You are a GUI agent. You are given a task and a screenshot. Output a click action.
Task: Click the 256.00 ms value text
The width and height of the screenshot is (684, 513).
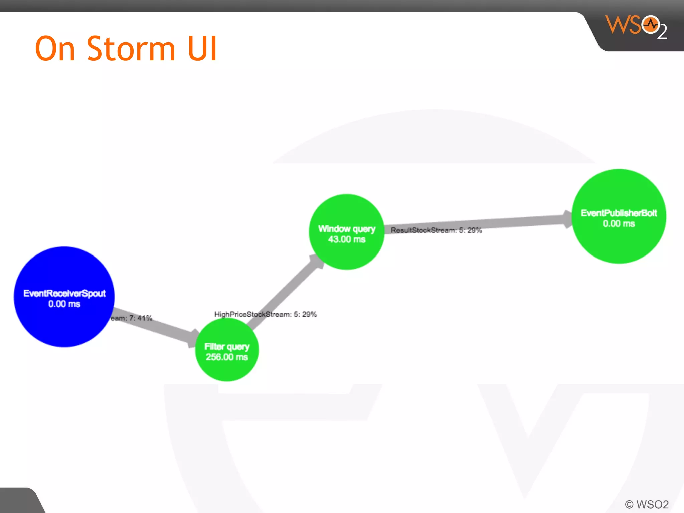point(227,357)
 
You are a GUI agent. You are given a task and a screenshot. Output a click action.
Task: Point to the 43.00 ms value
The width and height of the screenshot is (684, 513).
point(346,239)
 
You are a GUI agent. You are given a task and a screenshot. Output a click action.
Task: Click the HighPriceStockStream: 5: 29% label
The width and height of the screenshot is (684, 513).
point(266,314)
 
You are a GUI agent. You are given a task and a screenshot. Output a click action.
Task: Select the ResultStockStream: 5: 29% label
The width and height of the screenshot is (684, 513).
point(436,230)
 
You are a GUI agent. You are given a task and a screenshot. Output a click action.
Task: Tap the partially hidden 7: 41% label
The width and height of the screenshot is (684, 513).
point(132,318)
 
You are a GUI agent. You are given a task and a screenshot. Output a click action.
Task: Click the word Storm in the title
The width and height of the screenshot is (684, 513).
point(131,49)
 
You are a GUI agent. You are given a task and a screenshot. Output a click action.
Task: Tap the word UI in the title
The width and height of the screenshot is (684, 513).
point(202,49)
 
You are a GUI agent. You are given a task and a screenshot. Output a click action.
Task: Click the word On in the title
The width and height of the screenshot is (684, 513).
point(55,49)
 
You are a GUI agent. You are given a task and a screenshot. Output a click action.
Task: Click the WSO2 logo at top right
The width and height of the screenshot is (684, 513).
point(636,27)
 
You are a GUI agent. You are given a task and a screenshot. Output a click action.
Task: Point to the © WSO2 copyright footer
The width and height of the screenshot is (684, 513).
point(647,504)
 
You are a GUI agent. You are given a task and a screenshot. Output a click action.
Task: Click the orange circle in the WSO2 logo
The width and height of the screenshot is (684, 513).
point(650,25)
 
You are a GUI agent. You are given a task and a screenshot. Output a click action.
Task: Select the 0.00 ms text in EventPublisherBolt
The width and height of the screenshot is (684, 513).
point(619,224)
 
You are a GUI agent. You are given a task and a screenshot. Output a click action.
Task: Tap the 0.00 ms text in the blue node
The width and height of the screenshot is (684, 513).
point(64,304)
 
